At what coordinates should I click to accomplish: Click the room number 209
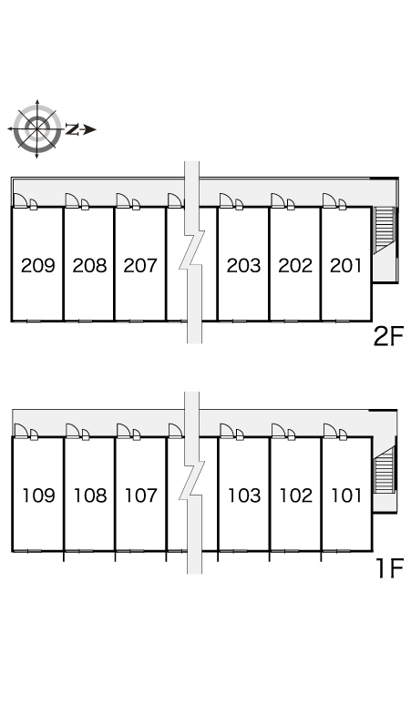(x=38, y=265)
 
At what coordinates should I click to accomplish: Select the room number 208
(x=90, y=265)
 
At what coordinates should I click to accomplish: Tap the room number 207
(x=140, y=265)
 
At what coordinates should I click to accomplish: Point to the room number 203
(x=243, y=265)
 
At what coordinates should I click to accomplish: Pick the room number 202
(x=295, y=265)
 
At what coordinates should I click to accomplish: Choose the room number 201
(x=345, y=265)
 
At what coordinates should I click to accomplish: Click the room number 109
(x=39, y=496)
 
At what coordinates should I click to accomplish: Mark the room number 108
(x=90, y=496)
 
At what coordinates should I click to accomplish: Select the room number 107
(x=141, y=496)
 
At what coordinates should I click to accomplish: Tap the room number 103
(x=244, y=496)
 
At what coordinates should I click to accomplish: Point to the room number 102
(x=296, y=496)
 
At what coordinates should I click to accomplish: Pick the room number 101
(x=346, y=496)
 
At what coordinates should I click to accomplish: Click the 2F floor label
(x=388, y=336)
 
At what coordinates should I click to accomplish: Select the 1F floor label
(x=389, y=568)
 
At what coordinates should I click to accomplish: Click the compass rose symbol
(x=36, y=129)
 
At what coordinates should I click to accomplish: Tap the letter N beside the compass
(x=72, y=129)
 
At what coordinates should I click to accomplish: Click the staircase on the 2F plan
(x=384, y=230)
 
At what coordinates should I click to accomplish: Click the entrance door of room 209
(x=20, y=200)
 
